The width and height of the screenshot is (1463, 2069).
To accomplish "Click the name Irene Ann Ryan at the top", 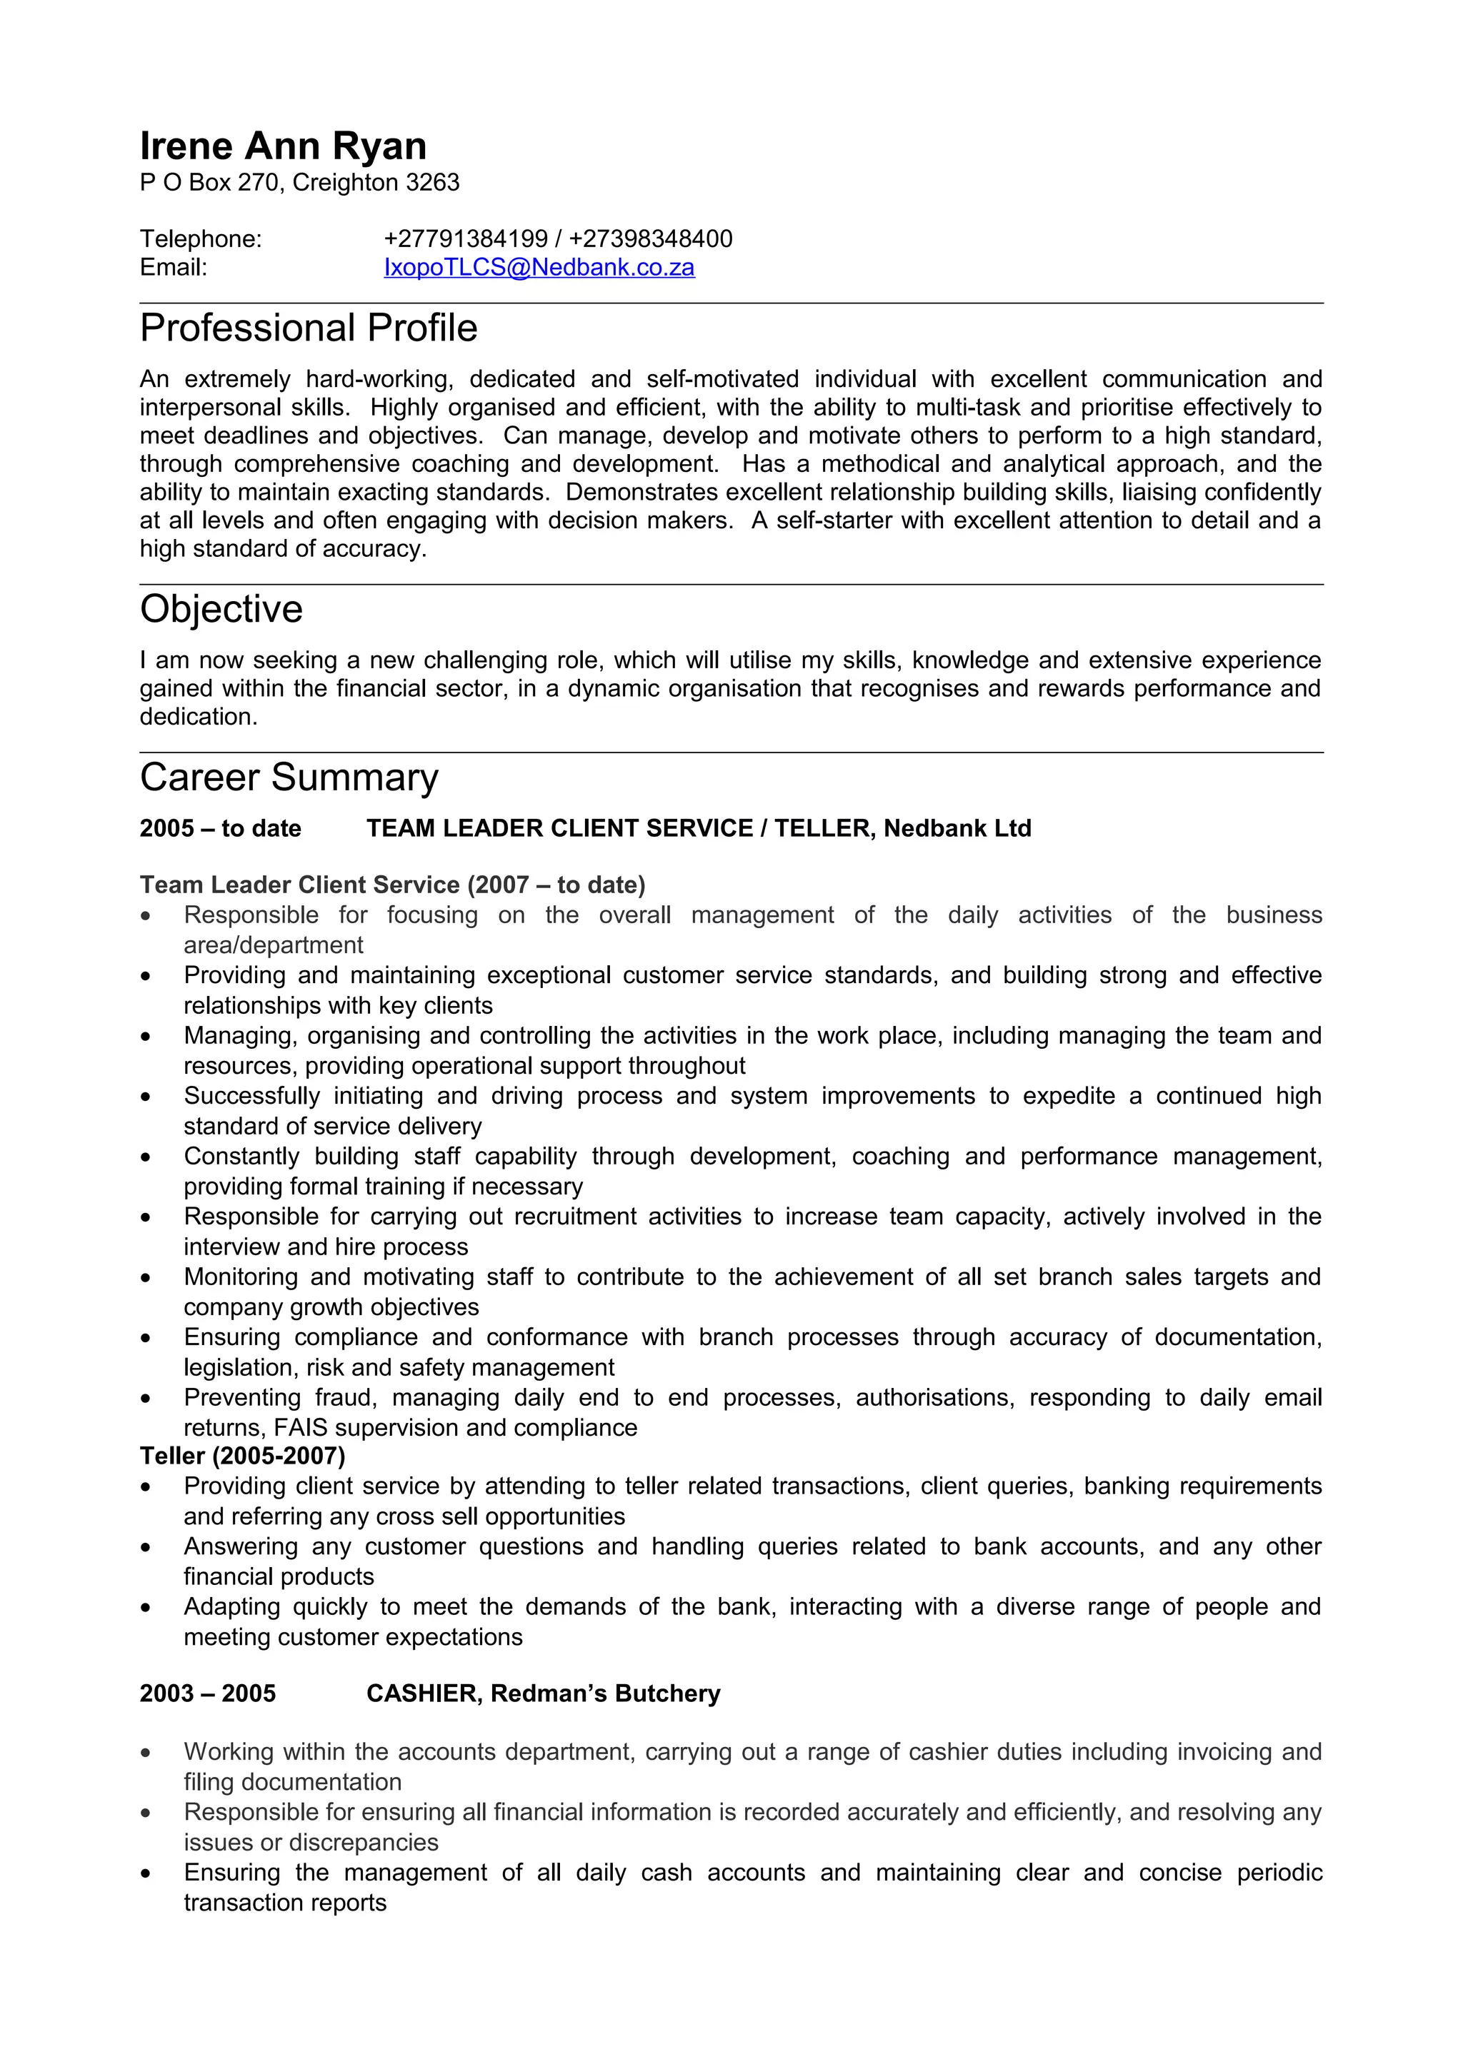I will (283, 146).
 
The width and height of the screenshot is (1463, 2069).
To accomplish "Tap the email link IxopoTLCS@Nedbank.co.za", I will (539, 268).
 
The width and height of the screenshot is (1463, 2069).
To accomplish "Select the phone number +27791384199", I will (466, 238).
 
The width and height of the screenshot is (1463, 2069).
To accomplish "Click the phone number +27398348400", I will (651, 238).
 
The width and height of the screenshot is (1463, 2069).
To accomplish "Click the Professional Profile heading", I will (309, 328).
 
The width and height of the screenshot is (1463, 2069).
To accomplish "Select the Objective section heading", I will (221, 609).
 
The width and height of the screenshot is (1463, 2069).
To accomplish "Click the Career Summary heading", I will (289, 777).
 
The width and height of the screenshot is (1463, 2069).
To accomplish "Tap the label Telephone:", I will (201, 238).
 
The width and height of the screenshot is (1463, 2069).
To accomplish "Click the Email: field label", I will (173, 268).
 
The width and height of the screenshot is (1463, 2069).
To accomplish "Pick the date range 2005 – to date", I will (220, 829).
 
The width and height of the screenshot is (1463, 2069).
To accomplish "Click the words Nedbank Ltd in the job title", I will (957, 829).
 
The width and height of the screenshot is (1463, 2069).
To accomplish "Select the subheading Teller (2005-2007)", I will (242, 1456).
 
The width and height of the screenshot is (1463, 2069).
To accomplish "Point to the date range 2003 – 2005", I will (207, 1694).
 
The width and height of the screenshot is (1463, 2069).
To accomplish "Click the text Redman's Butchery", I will (605, 1694).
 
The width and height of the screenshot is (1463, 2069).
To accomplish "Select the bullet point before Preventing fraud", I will (146, 1399).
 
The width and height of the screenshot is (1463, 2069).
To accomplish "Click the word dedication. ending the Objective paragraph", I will (199, 718).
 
